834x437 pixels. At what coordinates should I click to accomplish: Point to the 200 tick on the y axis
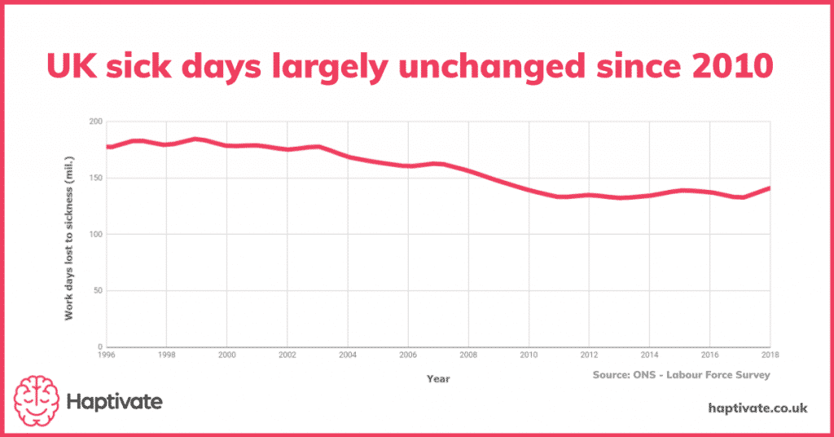(96, 121)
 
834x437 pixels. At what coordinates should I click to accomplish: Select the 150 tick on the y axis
(96, 178)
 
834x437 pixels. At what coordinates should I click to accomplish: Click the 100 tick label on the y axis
(96, 235)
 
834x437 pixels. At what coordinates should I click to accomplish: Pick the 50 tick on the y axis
(98, 291)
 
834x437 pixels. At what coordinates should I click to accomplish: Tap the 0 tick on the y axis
(100, 347)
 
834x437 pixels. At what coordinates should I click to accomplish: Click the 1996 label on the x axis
(106, 355)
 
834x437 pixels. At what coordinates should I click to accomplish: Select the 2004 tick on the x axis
(348, 355)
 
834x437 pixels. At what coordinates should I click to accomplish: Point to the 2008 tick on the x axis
(469, 355)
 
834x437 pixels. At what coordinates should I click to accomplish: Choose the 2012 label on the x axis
(590, 355)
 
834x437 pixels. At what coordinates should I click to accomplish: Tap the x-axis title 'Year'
(437, 378)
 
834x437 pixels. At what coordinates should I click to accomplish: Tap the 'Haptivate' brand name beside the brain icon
(115, 401)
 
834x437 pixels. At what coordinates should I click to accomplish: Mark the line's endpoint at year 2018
(770, 188)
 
